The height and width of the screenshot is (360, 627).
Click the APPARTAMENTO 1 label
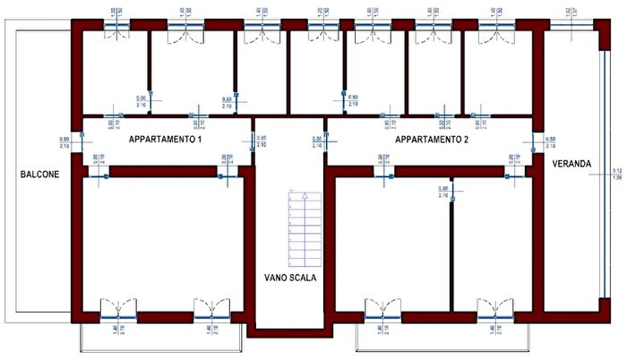point(166,141)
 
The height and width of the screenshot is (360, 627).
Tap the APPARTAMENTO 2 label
point(433,141)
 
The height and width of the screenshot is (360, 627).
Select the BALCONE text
point(40,175)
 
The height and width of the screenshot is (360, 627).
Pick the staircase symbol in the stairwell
point(304,228)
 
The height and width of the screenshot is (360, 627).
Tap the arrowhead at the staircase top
point(304,194)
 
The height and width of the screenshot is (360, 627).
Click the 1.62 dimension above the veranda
point(570,13)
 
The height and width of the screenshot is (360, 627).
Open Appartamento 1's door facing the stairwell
point(254,142)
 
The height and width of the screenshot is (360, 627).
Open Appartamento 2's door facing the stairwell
point(326,142)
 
